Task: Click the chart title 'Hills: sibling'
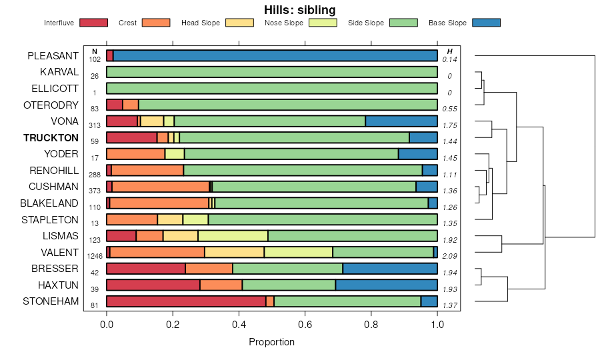click(300, 9)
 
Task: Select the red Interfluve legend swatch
click(93, 23)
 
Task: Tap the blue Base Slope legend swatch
click(485, 23)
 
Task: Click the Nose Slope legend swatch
click(323, 23)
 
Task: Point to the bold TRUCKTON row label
click(51, 138)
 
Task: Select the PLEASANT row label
click(53, 56)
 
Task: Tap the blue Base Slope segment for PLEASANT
click(275, 56)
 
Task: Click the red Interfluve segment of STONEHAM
click(186, 301)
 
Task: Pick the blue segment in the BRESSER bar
click(390, 269)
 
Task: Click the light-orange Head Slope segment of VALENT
click(234, 252)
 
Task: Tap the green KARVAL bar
click(272, 72)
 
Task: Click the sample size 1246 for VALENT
click(95, 256)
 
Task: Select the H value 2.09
click(450, 256)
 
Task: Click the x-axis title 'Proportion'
click(271, 342)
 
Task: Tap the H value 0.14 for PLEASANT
click(450, 60)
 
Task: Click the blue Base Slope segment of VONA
click(401, 121)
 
